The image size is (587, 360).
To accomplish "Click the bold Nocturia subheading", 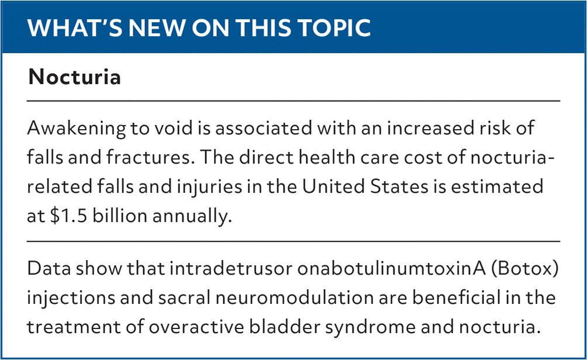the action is tap(74, 77).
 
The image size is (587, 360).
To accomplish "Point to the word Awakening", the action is tap(77, 129).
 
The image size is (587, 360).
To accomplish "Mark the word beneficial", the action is tap(464, 298).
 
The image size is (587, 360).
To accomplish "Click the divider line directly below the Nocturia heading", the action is tap(293, 101).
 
